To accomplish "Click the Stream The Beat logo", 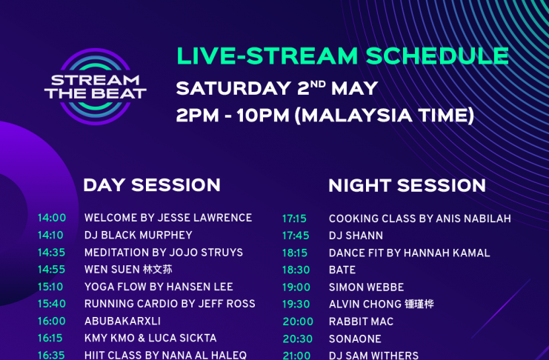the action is click(x=96, y=87).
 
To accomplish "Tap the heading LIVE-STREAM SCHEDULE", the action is click(x=343, y=56).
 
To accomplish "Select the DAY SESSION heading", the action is click(x=152, y=185).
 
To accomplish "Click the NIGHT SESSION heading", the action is click(x=407, y=185).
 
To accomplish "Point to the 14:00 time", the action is click(x=52, y=218).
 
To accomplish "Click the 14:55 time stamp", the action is click(x=51, y=270).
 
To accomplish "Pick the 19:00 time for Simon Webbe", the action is click(x=296, y=287).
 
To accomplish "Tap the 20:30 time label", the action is click(x=298, y=339).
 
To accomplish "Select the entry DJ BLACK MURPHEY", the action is click(x=139, y=235).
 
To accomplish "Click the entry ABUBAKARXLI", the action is click(x=122, y=321).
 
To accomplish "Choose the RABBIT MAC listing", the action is click(x=361, y=321).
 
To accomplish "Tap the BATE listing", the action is click(x=342, y=270).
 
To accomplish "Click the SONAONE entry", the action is click(x=355, y=339).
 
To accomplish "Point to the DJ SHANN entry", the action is click(x=356, y=236).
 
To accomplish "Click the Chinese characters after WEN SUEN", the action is click(x=158, y=270).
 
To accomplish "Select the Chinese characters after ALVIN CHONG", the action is click(x=419, y=304).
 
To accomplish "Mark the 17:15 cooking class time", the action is click(x=294, y=219).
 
